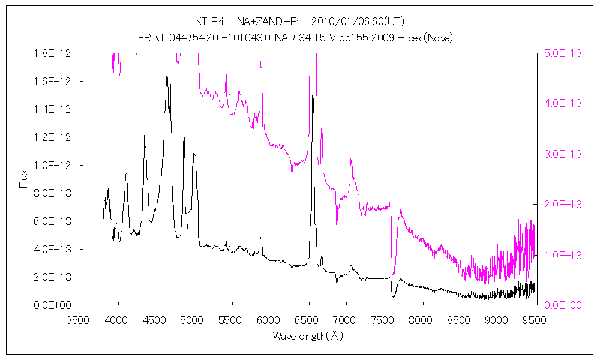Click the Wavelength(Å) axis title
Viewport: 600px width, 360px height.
(x=307, y=336)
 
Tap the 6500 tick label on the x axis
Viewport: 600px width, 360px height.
(x=307, y=320)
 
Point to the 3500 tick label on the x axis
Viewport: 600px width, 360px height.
(x=80, y=320)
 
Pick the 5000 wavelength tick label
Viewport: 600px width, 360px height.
(x=194, y=320)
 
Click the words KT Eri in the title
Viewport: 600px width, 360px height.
(x=209, y=22)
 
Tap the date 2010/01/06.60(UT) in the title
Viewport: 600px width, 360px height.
(x=359, y=22)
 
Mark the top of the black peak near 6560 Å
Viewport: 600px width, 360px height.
(x=312, y=96)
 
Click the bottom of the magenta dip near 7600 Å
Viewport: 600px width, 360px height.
(x=394, y=274)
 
